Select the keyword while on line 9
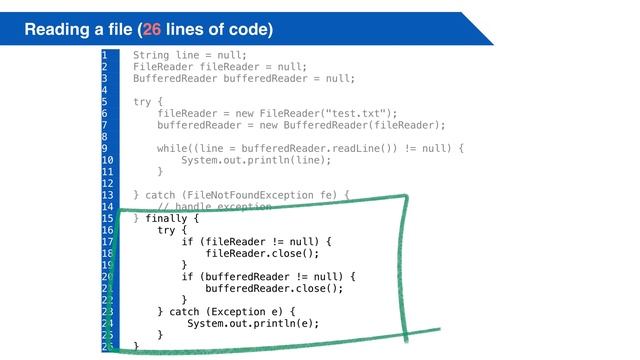[x=173, y=148]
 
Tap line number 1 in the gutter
[x=104, y=55]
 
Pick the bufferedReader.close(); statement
[x=274, y=288]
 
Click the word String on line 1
[x=151, y=55]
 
